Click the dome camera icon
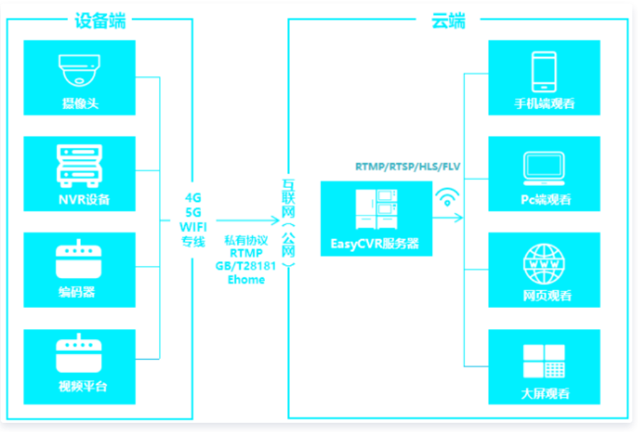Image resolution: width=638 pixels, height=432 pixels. (80, 70)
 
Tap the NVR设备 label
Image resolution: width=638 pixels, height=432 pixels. (85, 199)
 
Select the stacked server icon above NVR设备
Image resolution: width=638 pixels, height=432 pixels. (80, 166)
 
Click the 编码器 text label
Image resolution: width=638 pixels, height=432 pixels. (77, 292)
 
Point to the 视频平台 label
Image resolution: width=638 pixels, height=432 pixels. (83, 386)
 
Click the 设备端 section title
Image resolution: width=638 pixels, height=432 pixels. (100, 21)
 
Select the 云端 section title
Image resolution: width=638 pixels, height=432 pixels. (448, 21)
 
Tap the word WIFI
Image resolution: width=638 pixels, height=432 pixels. (193, 227)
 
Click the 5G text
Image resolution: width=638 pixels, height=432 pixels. (193, 212)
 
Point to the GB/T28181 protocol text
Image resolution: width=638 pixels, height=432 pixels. (246, 266)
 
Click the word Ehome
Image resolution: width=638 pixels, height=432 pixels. (246, 279)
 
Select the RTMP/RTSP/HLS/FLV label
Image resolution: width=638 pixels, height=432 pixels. (408, 167)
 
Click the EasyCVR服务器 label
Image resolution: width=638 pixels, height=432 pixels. (374, 243)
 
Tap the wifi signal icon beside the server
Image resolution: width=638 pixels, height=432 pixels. (447, 196)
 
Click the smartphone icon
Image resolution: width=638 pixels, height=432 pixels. (544, 72)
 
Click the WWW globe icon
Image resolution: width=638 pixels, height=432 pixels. (544, 264)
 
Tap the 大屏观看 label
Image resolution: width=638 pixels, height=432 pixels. (545, 394)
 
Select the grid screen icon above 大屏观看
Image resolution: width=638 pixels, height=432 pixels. (544, 361)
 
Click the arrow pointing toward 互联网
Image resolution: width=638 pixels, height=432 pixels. (248, 221)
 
